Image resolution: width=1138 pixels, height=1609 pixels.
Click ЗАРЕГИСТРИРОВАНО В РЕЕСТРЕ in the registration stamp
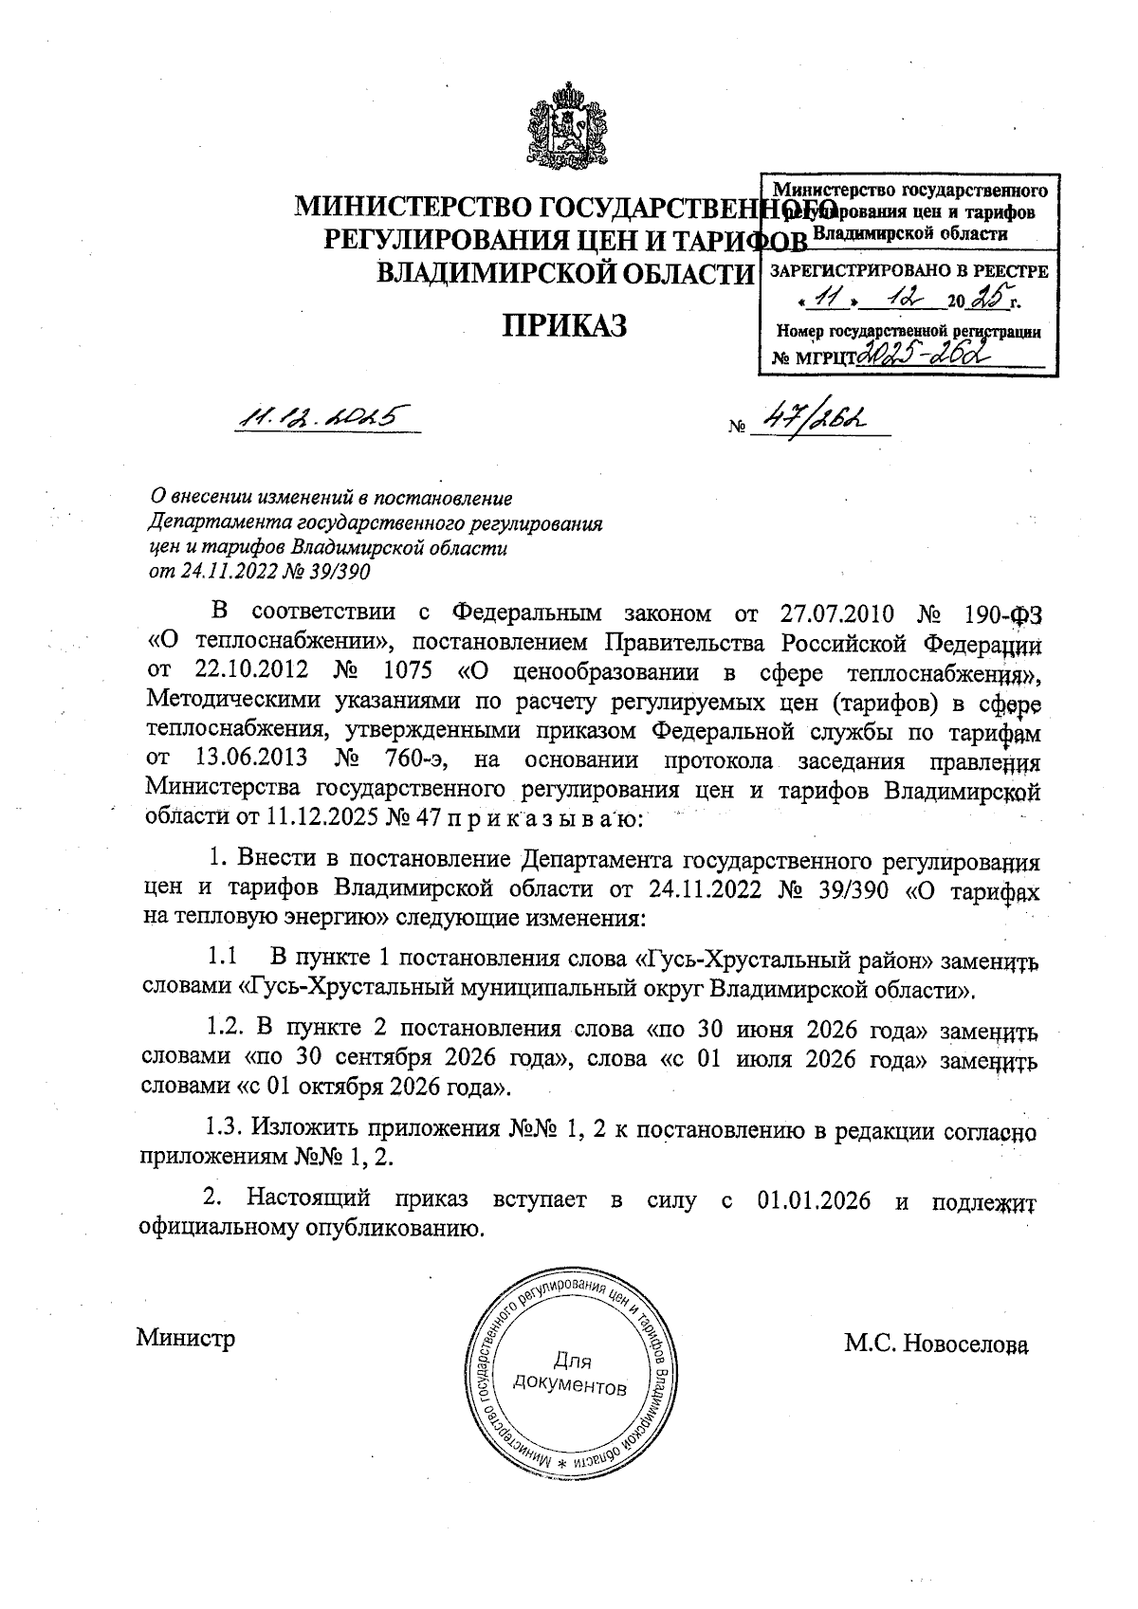click(908, 271)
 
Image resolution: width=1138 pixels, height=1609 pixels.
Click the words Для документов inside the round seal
click(570, 1376)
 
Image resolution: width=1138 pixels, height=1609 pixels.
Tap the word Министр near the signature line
click(186, 1339)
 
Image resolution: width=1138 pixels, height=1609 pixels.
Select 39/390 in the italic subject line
click(338, 572)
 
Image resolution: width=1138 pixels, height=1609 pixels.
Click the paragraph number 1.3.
click(228, 1130)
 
